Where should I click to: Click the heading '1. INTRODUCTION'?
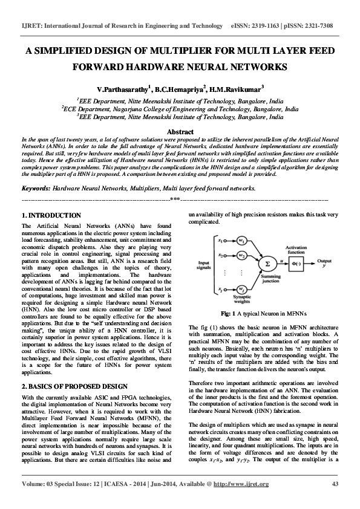[x=51, y=215]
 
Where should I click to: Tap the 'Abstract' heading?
[x=180, y=132]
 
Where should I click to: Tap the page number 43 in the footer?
[x=335, y=501]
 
